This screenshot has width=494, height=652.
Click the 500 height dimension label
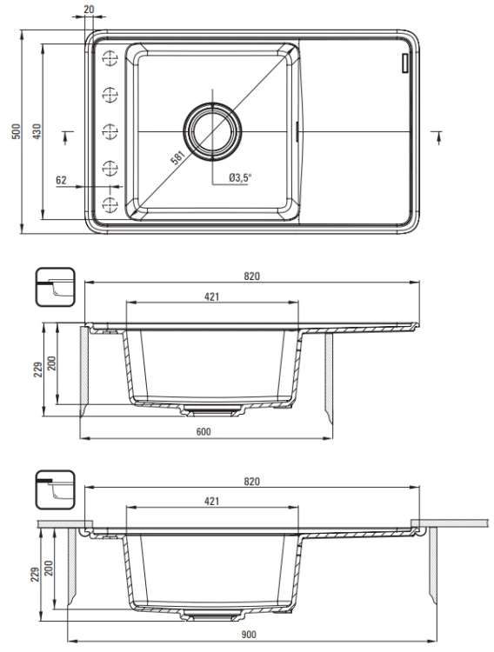(16, 131)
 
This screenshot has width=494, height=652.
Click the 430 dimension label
(37, 131)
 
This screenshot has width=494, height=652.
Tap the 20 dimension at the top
(89, 9)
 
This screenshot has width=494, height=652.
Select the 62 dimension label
(61, 180)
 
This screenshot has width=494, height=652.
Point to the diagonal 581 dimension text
(177, 157)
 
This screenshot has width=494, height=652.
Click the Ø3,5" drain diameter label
(240, 178)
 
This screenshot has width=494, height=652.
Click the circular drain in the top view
(212, 131)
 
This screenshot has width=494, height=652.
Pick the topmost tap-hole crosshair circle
(110, 58)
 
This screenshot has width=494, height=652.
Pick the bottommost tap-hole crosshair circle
(110, 204)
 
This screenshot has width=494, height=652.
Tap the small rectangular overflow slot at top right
(404, 63)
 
